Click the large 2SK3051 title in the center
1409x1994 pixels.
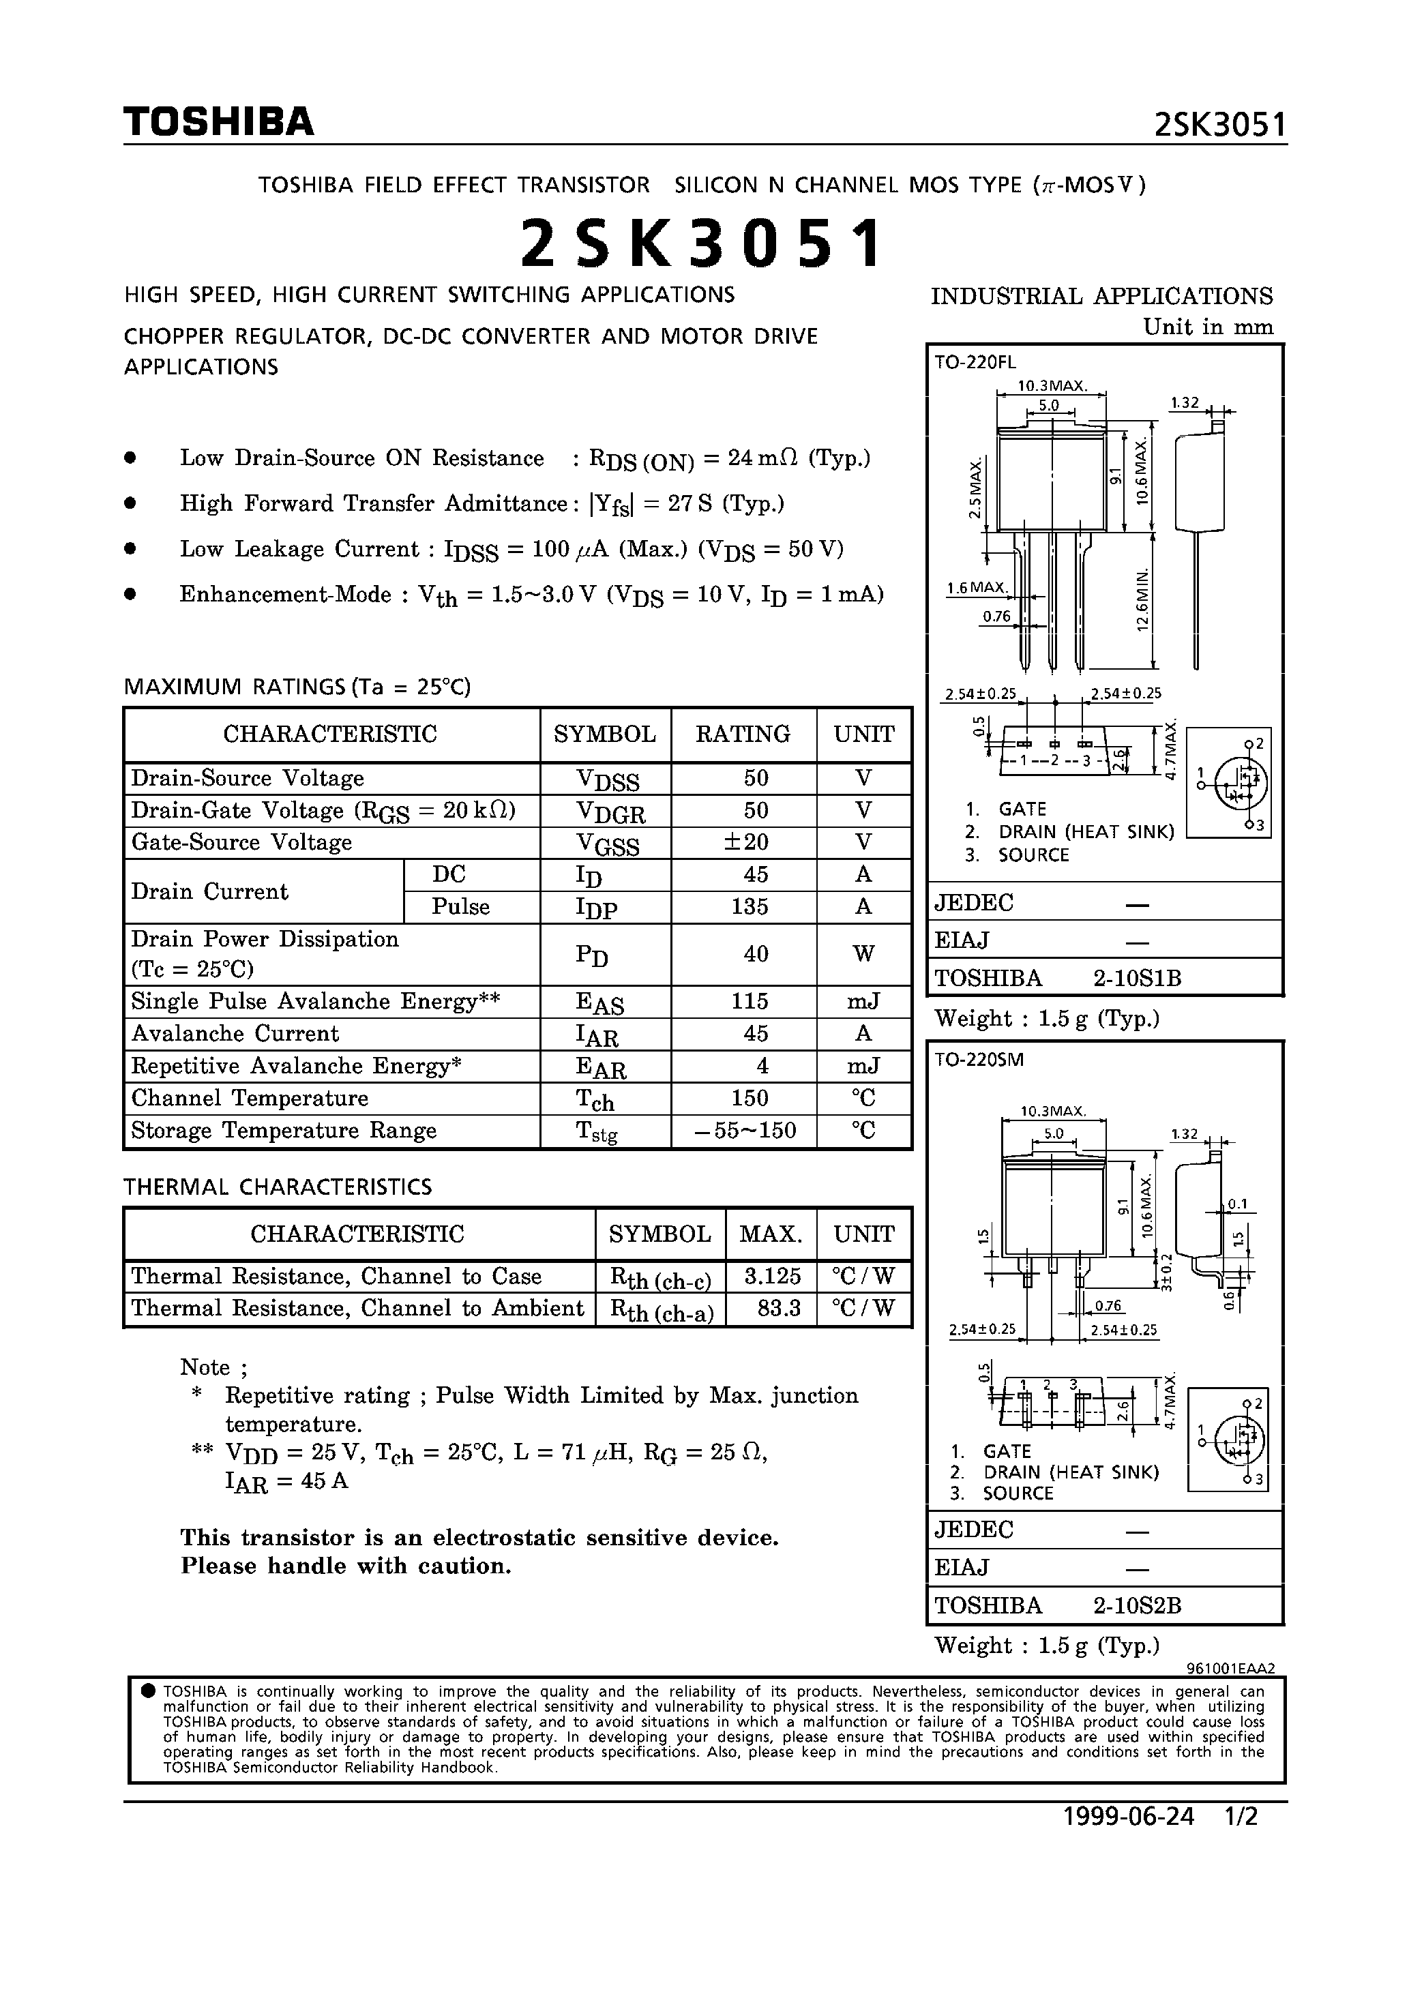click(702, 243)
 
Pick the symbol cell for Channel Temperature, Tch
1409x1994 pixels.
click(595, 1099)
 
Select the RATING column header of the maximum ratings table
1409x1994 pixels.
click(743, 734)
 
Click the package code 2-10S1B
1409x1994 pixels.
click(1137, 979)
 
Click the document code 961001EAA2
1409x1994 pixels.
click(1230, 1668)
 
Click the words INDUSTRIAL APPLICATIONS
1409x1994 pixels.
click(1101, 296)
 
